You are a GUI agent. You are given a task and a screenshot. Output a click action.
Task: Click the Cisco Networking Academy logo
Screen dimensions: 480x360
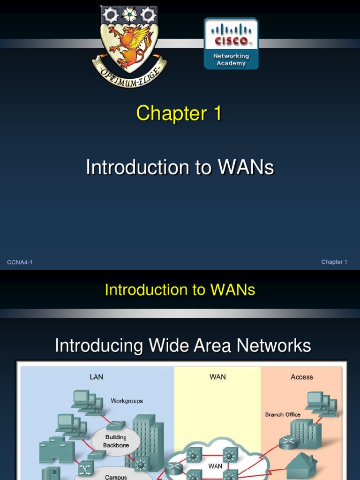point(231,44)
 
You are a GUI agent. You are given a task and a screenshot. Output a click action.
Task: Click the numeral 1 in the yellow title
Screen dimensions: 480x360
point(216,114)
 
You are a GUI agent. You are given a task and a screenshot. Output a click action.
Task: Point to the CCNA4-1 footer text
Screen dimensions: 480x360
point(20,262)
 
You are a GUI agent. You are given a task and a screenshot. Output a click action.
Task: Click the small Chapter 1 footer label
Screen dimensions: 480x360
point(334,262)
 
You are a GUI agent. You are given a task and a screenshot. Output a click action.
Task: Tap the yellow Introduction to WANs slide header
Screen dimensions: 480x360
point(180,290)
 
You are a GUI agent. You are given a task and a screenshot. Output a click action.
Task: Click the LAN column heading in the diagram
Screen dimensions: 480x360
point(96,377)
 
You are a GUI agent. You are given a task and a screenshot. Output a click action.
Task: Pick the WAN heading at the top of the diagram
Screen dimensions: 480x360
point(217,377)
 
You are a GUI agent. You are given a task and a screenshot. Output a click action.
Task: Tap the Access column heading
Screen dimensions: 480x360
point(301,377)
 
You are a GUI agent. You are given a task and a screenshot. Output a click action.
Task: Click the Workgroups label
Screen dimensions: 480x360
point(127,401)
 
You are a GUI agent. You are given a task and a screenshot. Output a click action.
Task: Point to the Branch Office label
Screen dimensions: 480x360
point(283,414)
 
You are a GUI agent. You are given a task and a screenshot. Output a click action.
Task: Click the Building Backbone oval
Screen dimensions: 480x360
point(115,441)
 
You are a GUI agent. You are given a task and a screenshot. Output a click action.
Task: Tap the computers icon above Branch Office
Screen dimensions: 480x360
point(322,403)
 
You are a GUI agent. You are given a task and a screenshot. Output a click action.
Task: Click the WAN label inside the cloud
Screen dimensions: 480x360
point(215,466)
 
